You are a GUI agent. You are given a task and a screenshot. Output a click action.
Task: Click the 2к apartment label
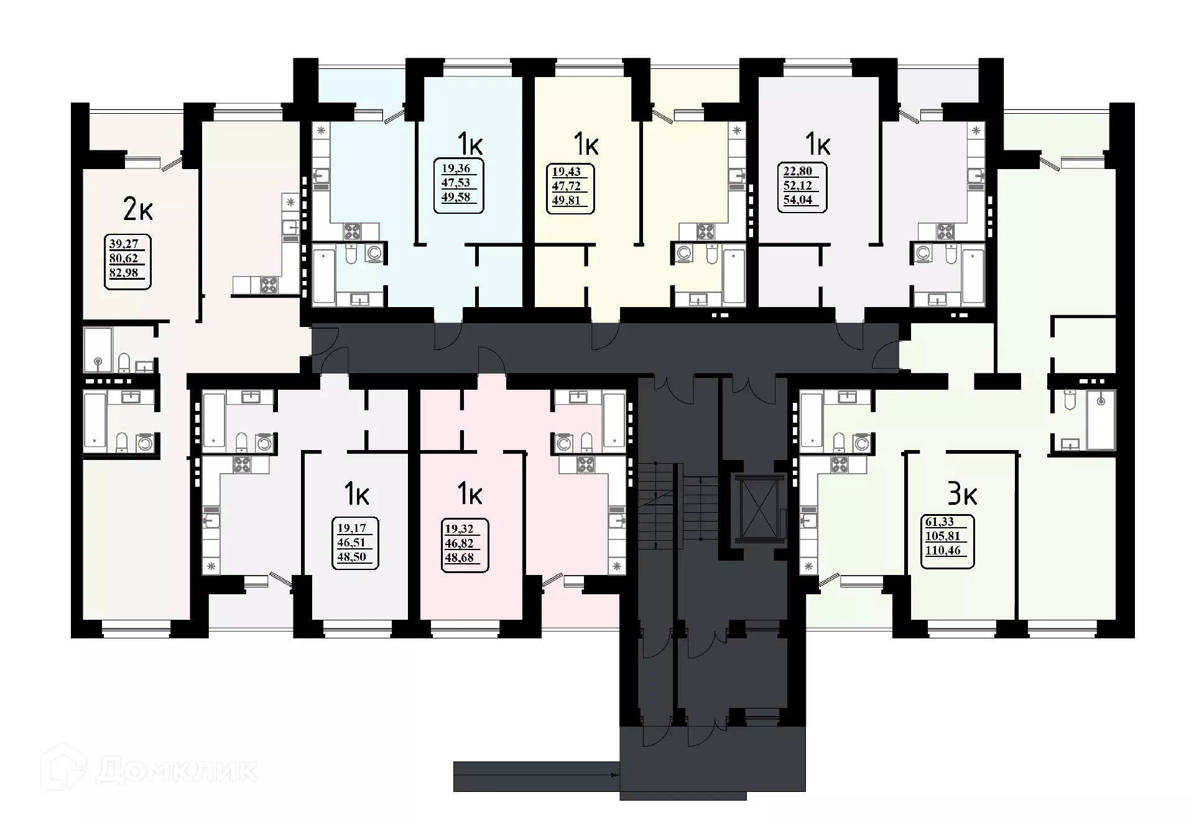138,210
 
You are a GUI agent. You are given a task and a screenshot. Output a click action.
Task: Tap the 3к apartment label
962,494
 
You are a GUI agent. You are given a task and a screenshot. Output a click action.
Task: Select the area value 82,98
124,272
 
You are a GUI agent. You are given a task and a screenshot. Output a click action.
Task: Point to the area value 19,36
456,168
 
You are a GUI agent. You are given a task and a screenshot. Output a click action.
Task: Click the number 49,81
566,200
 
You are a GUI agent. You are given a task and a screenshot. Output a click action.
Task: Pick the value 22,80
797,171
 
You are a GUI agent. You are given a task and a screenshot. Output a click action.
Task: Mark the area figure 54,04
798,200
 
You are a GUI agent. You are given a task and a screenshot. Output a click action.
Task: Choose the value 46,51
353,543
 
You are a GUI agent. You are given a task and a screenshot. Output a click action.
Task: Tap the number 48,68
460,558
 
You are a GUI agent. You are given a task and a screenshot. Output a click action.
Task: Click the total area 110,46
943,549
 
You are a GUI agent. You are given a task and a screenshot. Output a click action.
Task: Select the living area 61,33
939,522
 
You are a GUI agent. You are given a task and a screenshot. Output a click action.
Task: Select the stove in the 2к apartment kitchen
269,285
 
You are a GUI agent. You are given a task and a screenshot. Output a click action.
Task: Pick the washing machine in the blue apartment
374,254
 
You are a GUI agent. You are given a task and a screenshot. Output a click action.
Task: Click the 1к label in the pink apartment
470,494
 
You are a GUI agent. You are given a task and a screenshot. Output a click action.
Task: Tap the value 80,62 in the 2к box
124,258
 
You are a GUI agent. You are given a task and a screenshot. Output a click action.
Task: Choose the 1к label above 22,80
818,145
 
